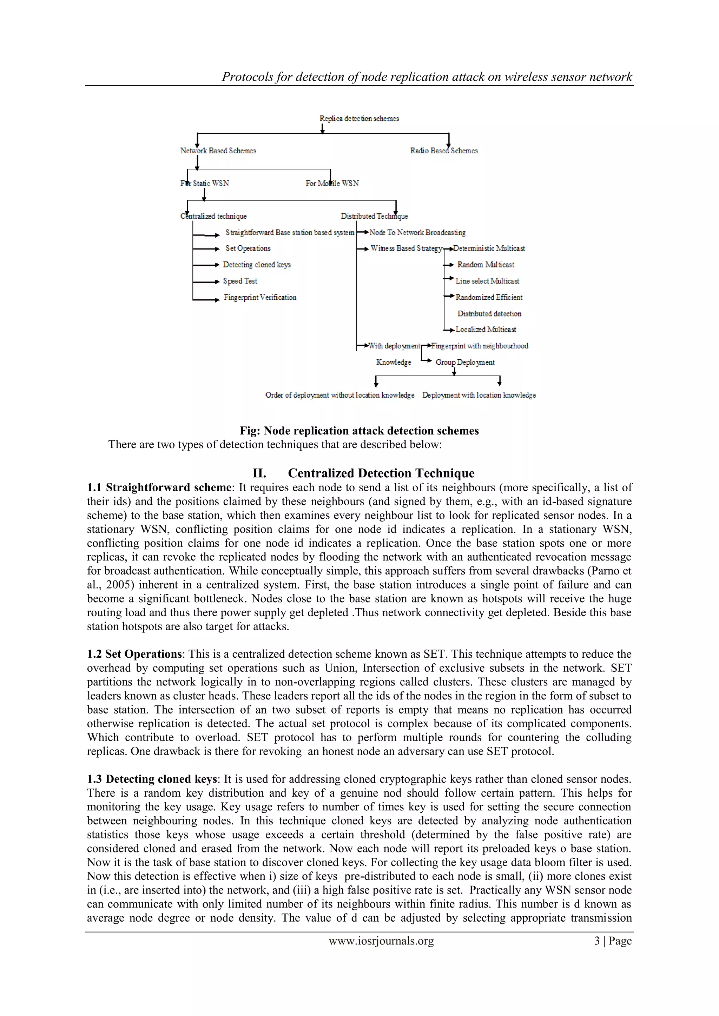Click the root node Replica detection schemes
tap(359, 119)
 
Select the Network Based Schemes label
tap(218, 151)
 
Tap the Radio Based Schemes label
tap(444, 151)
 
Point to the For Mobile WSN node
tap(332, 184)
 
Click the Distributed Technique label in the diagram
tap(374, 217)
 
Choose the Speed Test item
tap(240, 281)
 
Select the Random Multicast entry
tap(486, 265)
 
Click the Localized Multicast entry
tap(486, 330)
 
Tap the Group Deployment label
tap(465, 363)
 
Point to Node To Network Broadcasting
tap(417, 233)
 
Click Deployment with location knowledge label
tap(479, 395)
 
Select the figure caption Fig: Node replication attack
tap(359, 431)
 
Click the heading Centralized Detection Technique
tap(381, 473)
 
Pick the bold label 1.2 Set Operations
tap(134, 654)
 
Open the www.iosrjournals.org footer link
tap(381, 941)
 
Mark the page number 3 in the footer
tap(597, 941)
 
